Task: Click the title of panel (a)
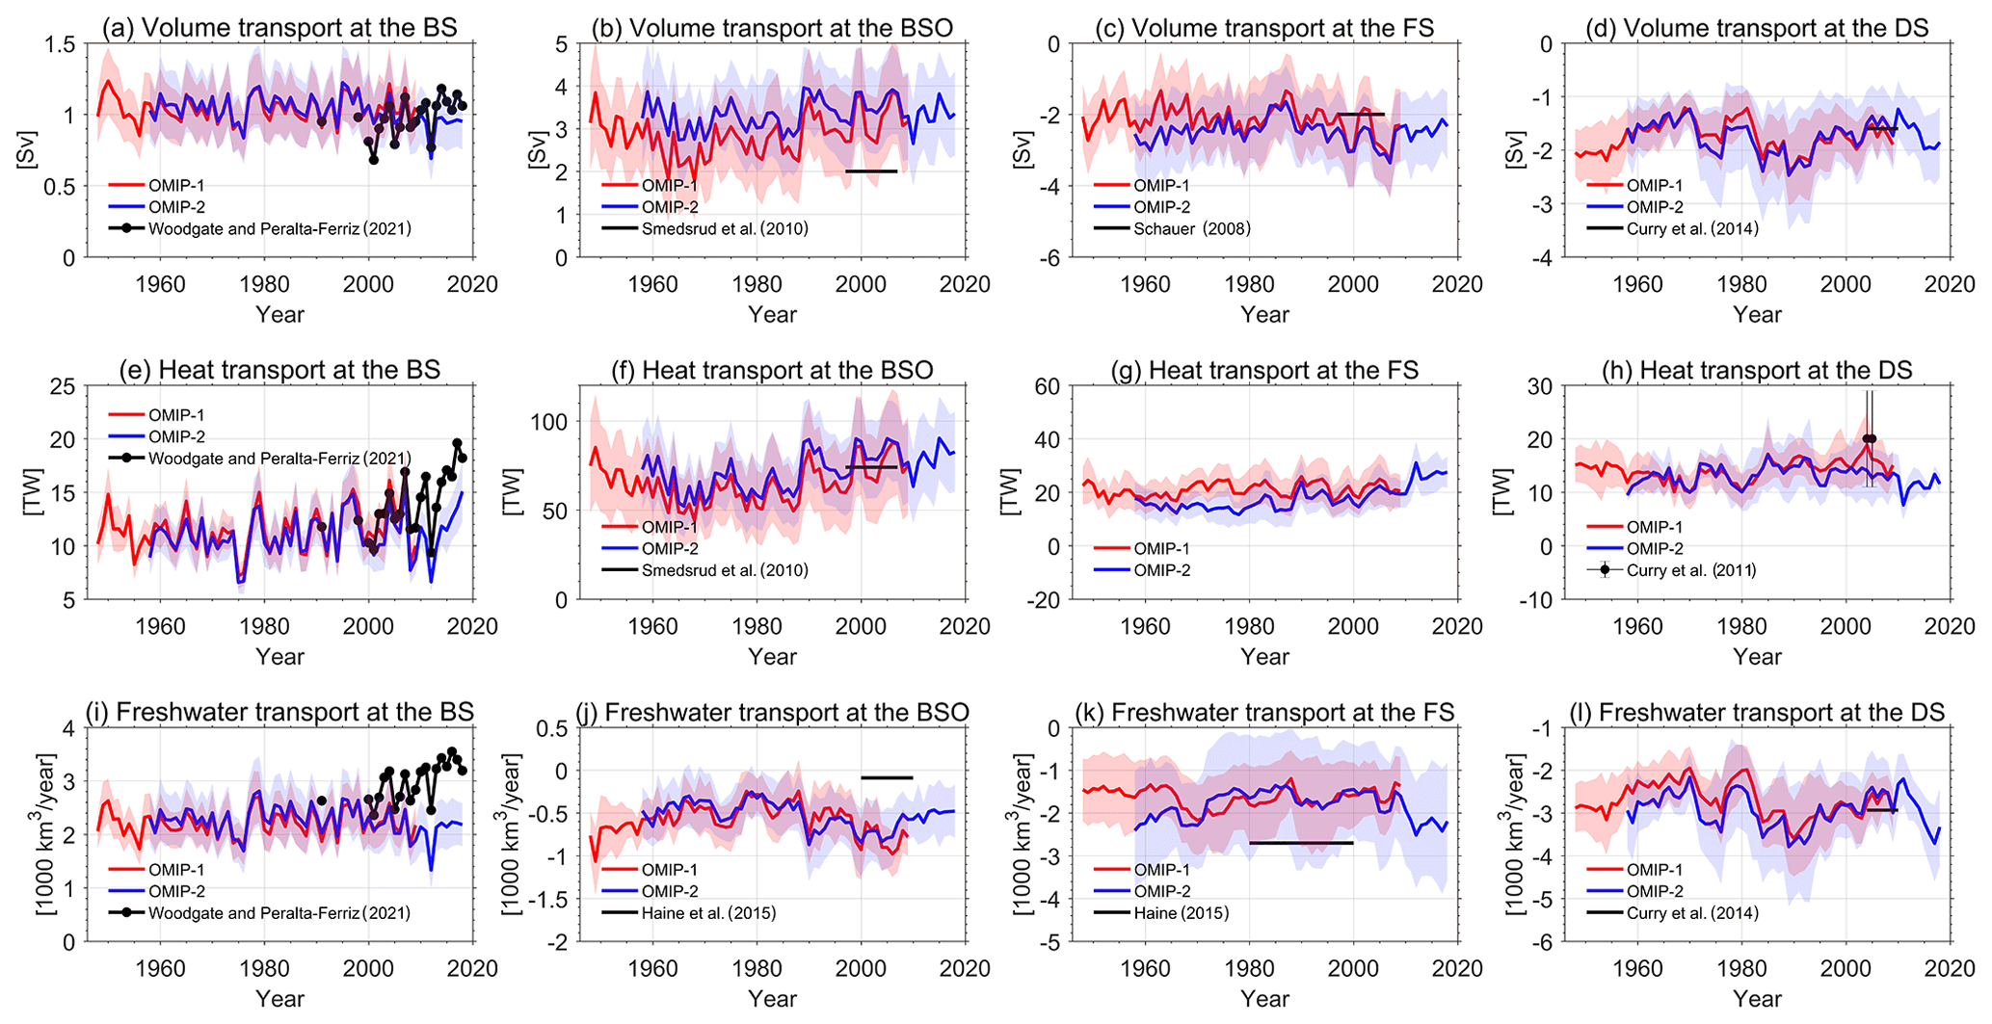coord(279,27)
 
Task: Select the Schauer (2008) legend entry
coord(1191,228)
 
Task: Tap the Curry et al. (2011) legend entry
coord(1690,570)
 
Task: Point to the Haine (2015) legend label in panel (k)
coord(1181,912)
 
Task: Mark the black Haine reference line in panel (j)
coord(887,777)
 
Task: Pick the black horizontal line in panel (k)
coord(1301,843)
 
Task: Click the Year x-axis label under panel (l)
coord(1757,999)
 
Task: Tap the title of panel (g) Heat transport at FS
coord(1284,370)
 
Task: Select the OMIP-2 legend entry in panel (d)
coord(1655,207)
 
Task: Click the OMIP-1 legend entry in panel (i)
coord(176,870)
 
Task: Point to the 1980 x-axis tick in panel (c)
coord(1249,284)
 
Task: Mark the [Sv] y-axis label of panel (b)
coord(537,150)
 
